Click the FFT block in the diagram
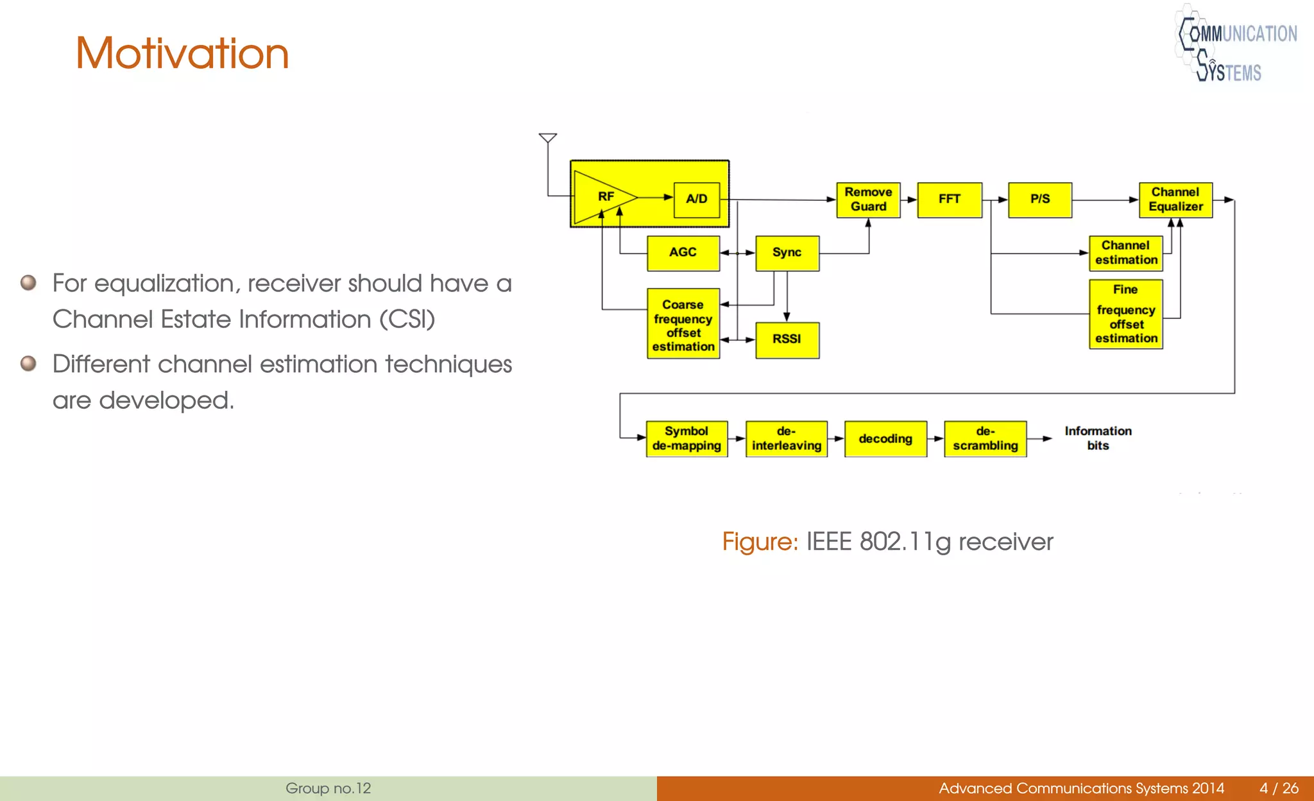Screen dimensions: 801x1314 pyautogui.click(x=950, y=200)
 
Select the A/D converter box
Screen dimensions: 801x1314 pyautogui.click(x=697, y=200)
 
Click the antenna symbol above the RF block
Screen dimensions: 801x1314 pyautogui.click(x=547, y=138)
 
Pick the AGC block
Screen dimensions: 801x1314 pyautogui.click(x=683, y=253)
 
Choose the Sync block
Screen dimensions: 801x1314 pyautogui.click(x=787, y=253)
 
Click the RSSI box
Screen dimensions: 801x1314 pyautogui.click(x=787, y=340)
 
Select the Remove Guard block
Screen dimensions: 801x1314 pyautogui.click(x=868, y=200)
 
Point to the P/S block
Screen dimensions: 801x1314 pyautogui.click(x=1040, y=200)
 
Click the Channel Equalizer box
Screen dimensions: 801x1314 pyautogui.click(x=1175, y=200)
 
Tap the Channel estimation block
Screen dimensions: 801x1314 pyautogui.click(x=1126, y=253)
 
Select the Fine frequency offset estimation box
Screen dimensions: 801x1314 pyautogui.click(x=1126, y=314)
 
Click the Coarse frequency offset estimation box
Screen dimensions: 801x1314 pyautogui.click(x=683, y=324)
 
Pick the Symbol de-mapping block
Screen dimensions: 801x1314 pyautogui.click(x=687, y=438)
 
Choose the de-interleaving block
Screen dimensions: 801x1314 pyautogui.click(x=787, y=438)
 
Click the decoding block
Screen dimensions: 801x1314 pyautogui.click(x=885, y=438)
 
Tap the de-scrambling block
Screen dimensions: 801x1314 pyautogui.click(x=985, y=438)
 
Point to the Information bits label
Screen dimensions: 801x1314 pyautogui.click(x=1098, y=438)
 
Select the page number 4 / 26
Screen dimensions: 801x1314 pyautogui.click(x=1279, y=788)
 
